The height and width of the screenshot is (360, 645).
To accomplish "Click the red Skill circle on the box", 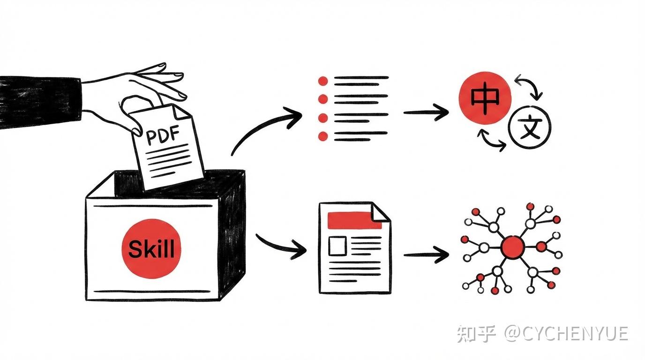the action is [151, 248].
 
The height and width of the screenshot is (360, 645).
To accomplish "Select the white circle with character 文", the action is [530, 127].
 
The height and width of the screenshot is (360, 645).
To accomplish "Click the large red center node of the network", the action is [512, 247].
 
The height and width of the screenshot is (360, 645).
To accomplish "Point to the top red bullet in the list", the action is [322, 81].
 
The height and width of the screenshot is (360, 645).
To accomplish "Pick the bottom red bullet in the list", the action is [322, 136].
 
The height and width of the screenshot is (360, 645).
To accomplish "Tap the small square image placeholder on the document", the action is [337, 246].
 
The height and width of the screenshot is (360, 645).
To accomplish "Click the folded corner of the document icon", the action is [381, 211].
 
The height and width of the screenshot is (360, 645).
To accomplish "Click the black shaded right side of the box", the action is [232, 234].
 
